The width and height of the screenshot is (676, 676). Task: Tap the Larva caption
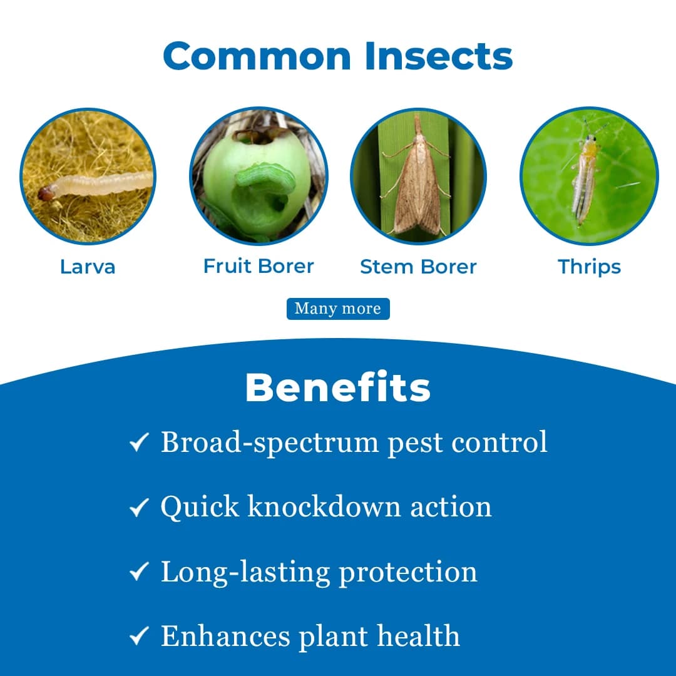[88, 267]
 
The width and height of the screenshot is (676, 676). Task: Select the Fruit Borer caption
[259, 266]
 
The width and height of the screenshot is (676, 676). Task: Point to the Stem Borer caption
[418, 267]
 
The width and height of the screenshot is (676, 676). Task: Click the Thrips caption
[589, 267]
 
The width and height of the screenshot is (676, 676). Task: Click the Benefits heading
[338, 388]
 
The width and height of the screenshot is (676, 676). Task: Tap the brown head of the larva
[46, 194]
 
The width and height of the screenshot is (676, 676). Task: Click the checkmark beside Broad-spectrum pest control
[138, 444]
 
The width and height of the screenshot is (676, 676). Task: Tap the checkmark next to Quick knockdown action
[138, 508]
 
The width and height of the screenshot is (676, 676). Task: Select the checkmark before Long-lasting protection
[138, 573]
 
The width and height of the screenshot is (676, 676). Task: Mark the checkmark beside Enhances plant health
[138, 638]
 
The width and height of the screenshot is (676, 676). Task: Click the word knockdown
[324, 506]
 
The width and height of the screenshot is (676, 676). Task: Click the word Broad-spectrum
[269, 443]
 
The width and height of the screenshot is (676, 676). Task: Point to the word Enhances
[225, 637]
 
